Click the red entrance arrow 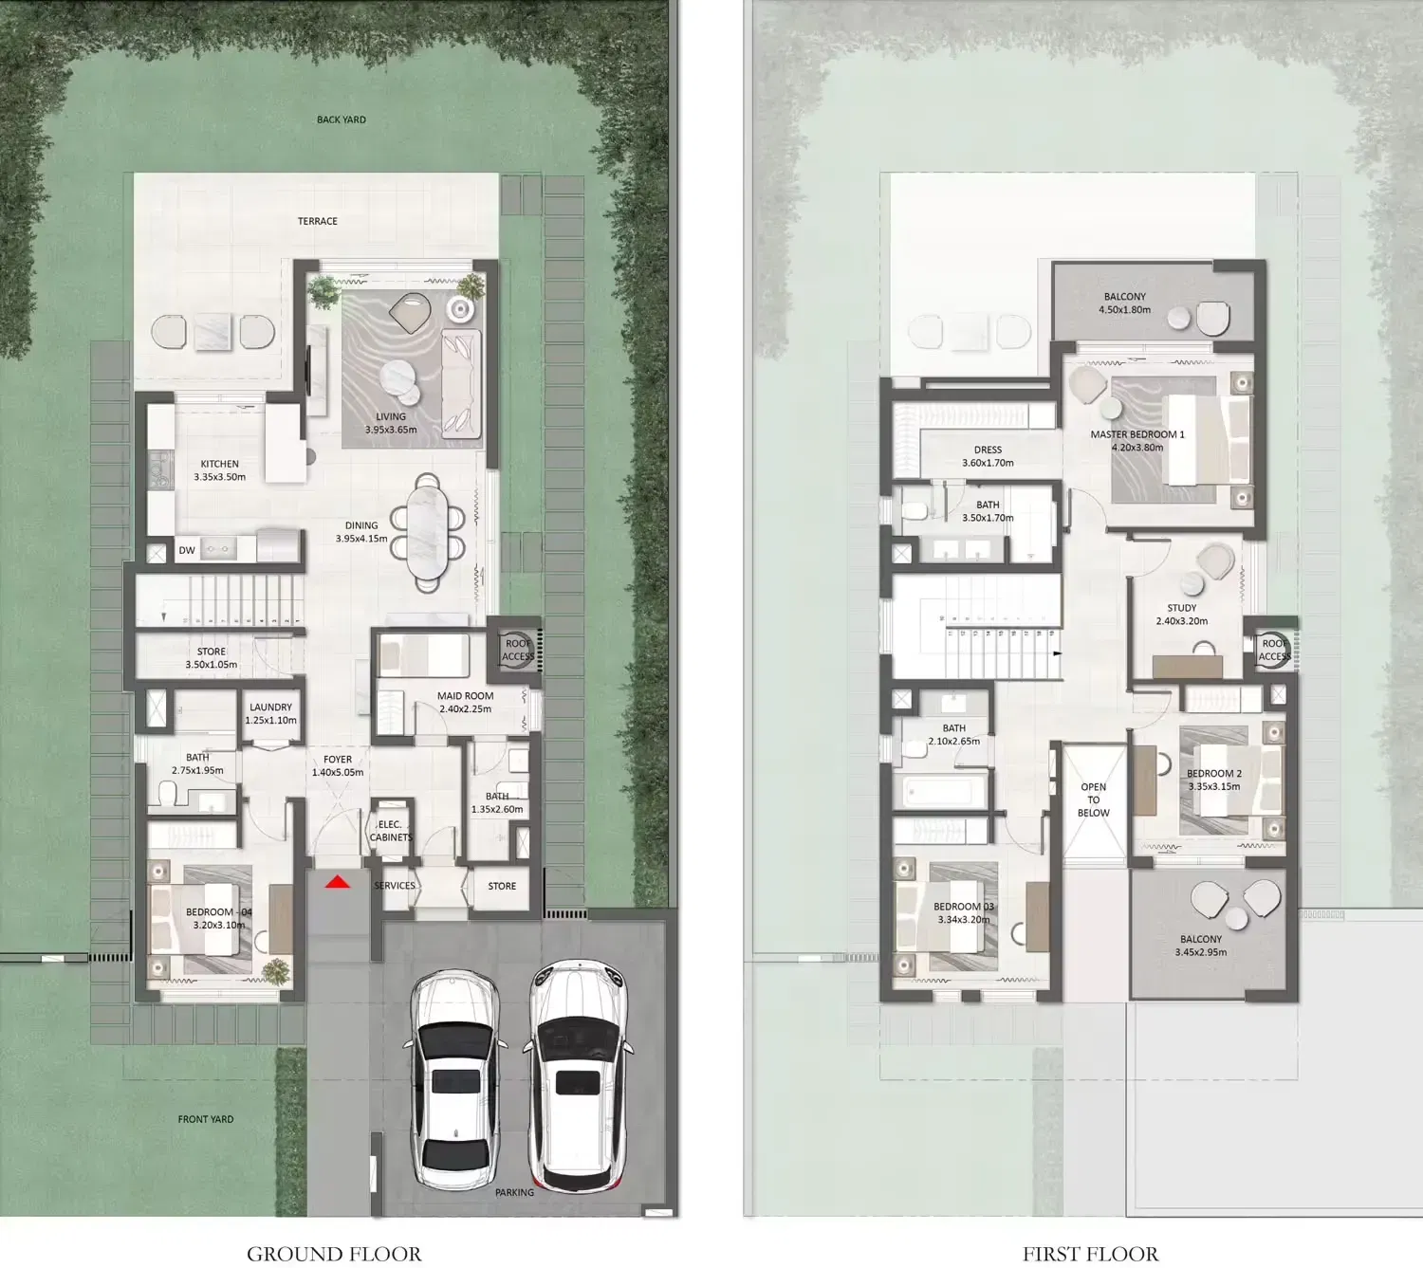[x=338, y=881]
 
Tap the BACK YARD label [x=342, y=119]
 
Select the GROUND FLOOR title [x=334, y=1253]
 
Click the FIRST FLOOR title [x=1090, y=1253]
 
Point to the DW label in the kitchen [x=186, y=550]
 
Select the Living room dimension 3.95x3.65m [x=391, y=430]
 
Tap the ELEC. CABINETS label [x=391, y=831]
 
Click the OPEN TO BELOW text [x=1094, y=799]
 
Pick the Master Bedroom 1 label [x=1137, y=434]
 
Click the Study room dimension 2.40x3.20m [x=1182, y=620]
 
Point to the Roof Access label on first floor [x=1274, y=650]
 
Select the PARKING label [x=514, y=1191]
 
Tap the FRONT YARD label [x=206, y=1118]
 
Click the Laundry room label [x=270, y=707]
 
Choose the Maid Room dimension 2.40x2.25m [x=465, y=708]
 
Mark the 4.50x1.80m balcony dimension [x=1124, y=309]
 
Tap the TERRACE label [x=318, y=220]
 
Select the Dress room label [x=988, y=450]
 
